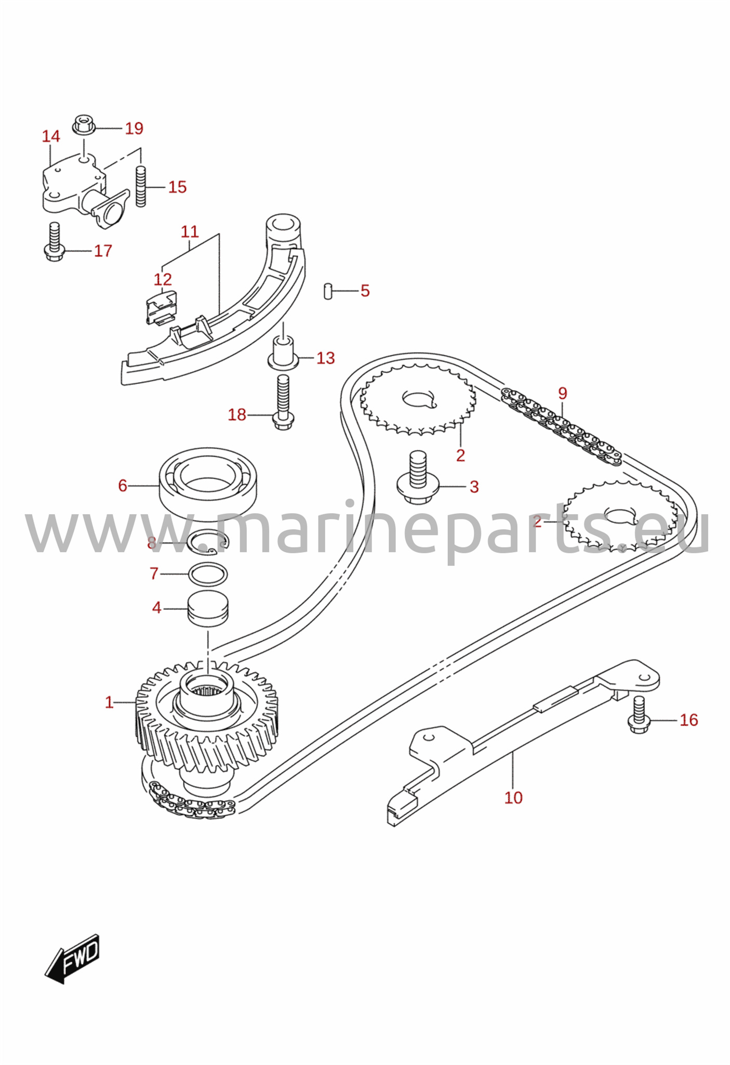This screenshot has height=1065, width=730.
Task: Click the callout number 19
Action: point(134,128)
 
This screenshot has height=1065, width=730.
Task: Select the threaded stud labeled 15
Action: point(141,187)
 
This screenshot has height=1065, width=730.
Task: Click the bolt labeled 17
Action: point(54,242)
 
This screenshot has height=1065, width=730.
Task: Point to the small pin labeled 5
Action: point(328,291)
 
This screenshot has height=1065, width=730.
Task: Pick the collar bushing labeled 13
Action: point(284,353)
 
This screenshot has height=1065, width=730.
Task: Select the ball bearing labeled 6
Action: point(208,484)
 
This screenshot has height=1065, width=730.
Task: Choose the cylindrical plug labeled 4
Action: point(208,608)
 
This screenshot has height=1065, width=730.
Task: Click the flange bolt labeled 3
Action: point(418,477)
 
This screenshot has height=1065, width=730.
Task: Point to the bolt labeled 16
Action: point(640,715)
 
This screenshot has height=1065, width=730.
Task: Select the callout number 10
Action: point(513,798)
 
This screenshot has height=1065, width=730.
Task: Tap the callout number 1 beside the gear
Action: point(109,703)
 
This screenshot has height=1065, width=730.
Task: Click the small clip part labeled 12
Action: point(161,307)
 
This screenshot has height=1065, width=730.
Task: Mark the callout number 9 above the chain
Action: point(563,393)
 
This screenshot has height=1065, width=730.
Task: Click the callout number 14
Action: point(51,136)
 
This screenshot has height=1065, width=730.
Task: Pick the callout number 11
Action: point(190,231)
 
